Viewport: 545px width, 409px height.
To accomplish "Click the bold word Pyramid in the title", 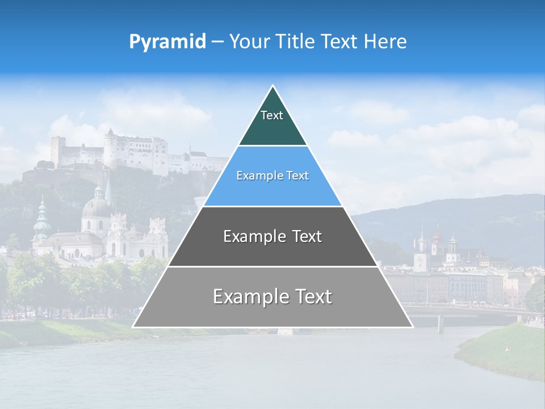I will (x=167, y=41).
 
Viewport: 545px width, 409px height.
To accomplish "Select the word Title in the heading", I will (x=297, y=41).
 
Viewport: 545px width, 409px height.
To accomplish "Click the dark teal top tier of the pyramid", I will (x=272, y=128).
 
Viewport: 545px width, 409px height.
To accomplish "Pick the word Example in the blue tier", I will (x=254, y=176).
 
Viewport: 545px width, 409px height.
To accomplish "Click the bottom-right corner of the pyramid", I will (x=412, y=327).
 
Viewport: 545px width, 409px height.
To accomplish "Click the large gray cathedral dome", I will (x=96, y=207).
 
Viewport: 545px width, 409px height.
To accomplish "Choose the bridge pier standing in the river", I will (x=441, y=323).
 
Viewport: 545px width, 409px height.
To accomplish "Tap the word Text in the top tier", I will (x=272, y=115).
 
